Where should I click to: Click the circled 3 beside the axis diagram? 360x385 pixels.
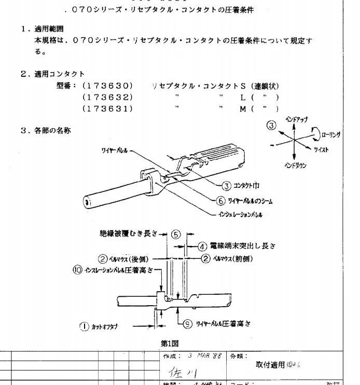(271, 125)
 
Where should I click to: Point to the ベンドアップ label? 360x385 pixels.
(297, 120)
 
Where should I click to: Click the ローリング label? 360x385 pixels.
(331, 134)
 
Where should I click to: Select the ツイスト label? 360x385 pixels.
(321, 149)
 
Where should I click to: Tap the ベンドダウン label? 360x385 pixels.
(295, 166)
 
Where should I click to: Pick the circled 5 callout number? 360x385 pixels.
(176, 235)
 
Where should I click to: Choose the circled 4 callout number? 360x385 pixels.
(203, 246)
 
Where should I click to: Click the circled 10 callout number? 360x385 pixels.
(77, 269)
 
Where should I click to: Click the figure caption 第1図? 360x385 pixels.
(170, 343)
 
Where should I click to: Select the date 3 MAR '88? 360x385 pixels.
(204, 356)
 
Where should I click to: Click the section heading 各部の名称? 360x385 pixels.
(52, 131)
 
